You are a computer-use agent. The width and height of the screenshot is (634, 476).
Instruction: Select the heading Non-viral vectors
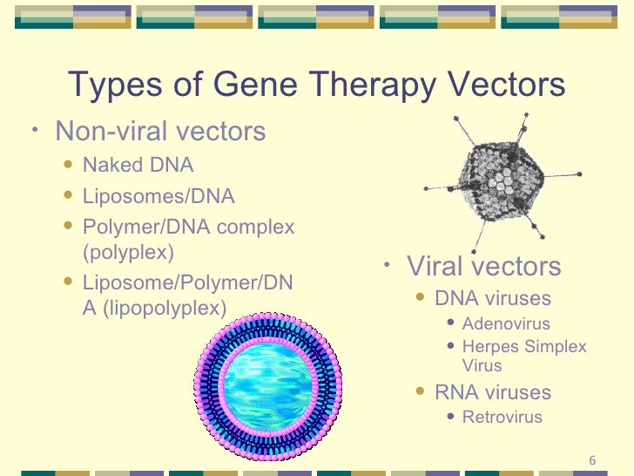click(160, 132)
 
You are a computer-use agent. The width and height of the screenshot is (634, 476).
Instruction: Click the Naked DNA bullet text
click(138, 165)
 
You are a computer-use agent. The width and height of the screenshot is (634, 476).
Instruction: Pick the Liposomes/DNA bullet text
click(158, 196)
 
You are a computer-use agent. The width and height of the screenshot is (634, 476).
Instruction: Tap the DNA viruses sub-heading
click(493, 298)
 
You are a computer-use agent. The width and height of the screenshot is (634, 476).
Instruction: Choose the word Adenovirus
click(506, 324)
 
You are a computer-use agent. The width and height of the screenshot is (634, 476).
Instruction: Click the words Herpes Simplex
click(524, 347)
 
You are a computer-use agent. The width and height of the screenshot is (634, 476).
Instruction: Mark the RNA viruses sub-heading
click(493, 392)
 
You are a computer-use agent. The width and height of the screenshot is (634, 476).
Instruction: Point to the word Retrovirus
click(502, 418)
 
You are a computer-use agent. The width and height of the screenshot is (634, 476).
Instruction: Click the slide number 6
click(592, 460)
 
